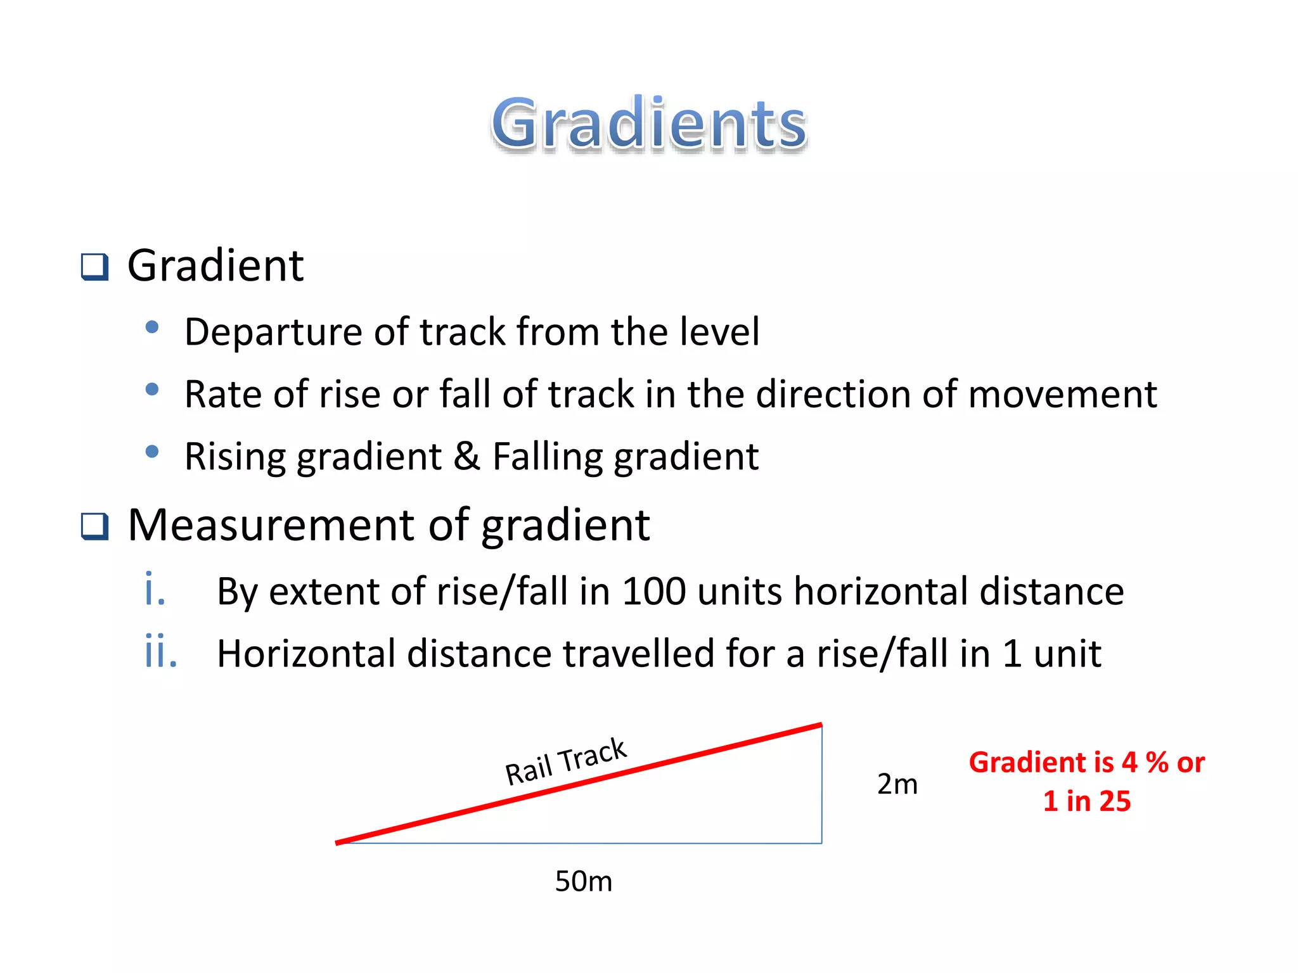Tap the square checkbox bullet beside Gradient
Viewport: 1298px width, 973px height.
pos(95,267)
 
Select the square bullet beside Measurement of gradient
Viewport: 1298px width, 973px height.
pos(95,526)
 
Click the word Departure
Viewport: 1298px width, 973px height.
pos(273,332)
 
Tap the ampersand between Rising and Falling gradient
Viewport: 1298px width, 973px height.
pos(466,456)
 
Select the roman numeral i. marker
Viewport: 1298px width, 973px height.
pos(155,590)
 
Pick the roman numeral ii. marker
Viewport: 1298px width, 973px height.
pos(160,652)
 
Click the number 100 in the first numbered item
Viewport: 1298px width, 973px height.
pos(653,591)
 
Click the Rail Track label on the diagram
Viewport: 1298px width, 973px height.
pos(565,761)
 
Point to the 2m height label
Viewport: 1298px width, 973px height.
pos(897,784)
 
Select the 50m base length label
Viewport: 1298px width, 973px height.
pos(583,881)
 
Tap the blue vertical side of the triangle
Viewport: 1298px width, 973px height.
pos(821,785)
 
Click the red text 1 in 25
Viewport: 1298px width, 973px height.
pos(1086,801)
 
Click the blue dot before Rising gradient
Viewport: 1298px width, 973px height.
pos(151,452)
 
